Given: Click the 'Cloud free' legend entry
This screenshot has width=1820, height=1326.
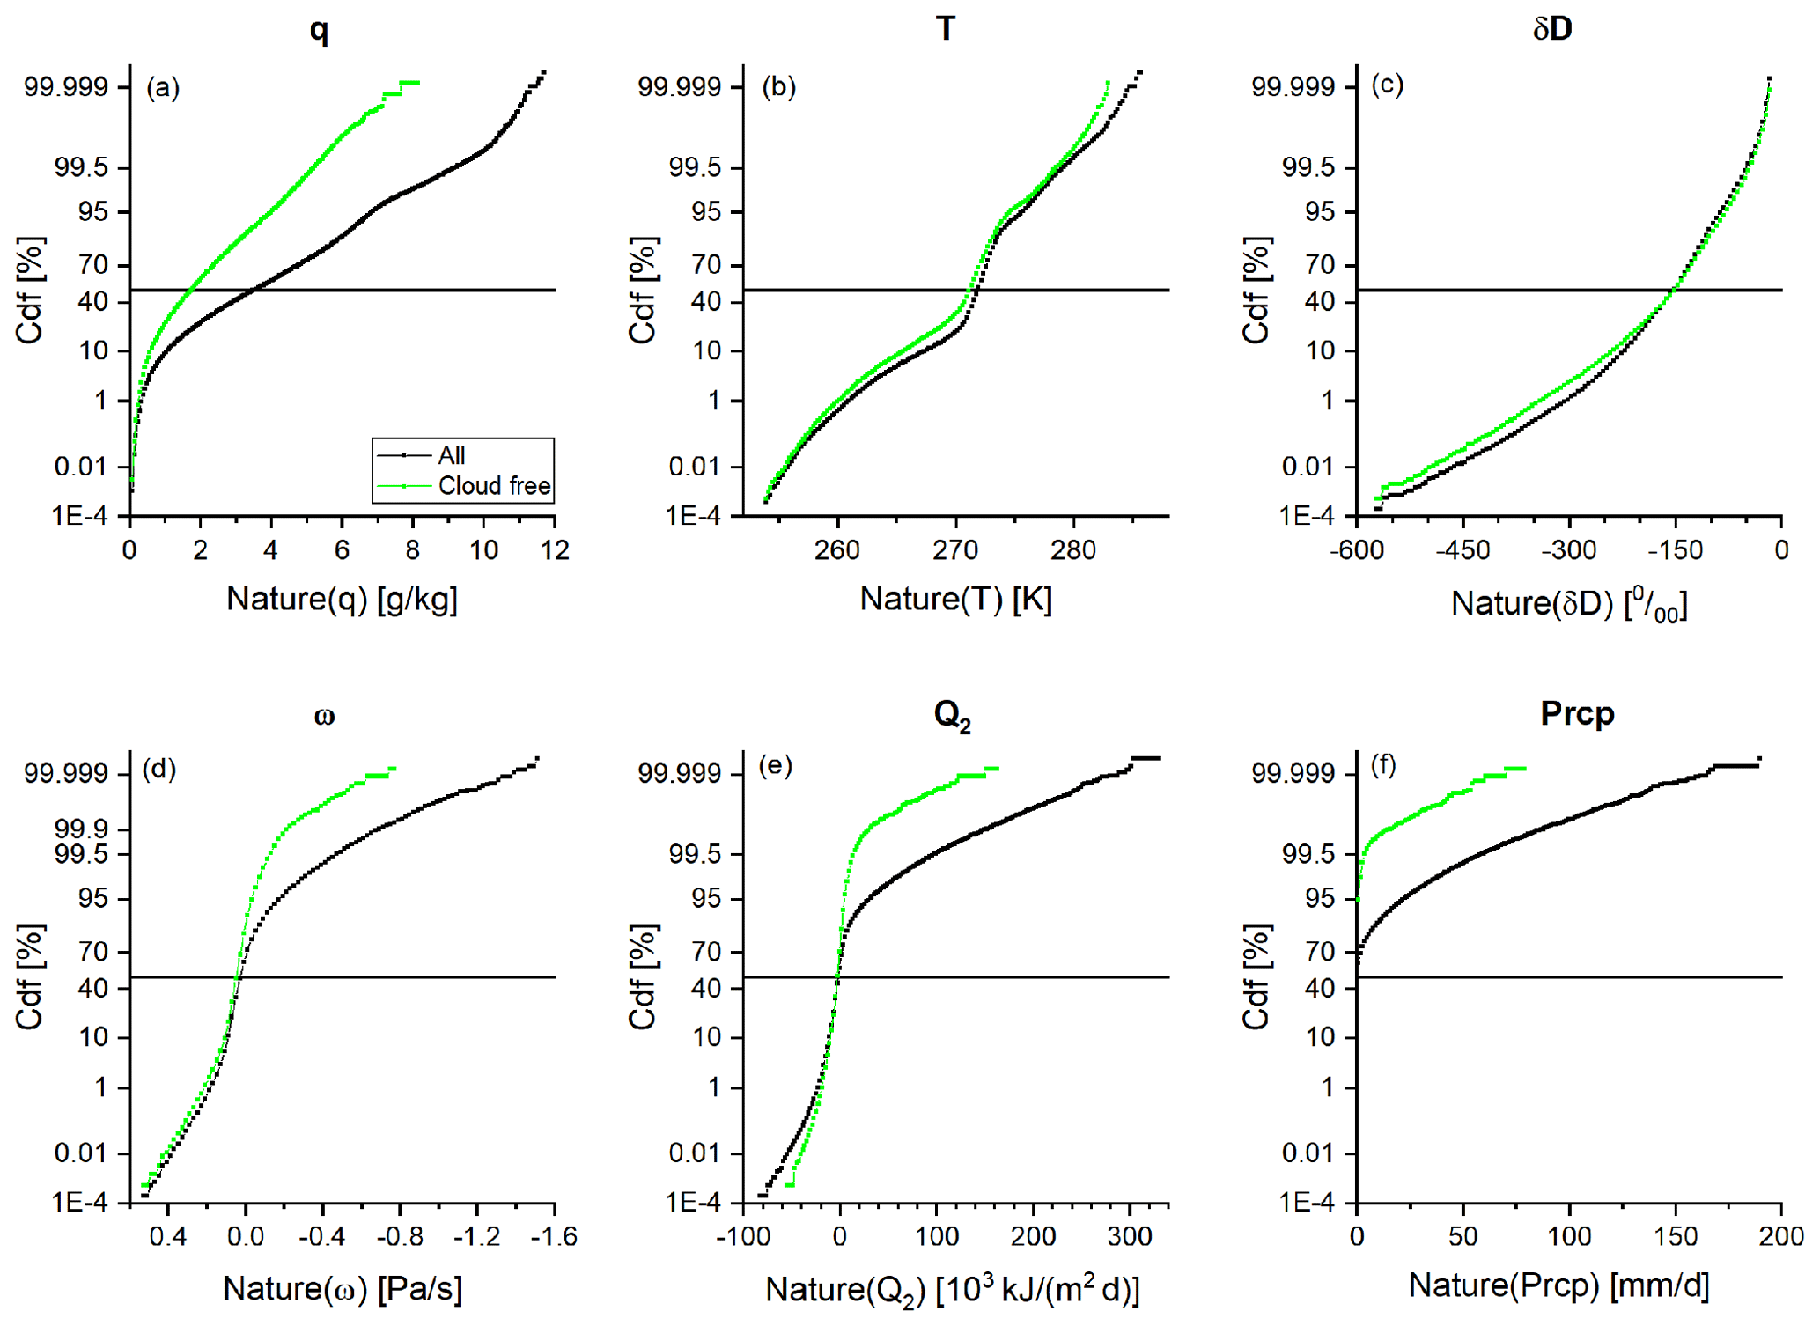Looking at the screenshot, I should [x=493, y=486].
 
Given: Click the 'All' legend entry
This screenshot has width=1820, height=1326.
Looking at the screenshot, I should [x=451, y=455].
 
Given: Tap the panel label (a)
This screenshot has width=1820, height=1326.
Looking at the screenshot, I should [x=163, y=87].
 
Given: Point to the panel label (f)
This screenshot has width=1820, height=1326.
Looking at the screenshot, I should [x=1383, y=766].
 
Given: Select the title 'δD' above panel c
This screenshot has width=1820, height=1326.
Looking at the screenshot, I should [x=1552, y=29].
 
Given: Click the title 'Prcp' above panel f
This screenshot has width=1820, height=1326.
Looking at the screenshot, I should [x=1576, y=713].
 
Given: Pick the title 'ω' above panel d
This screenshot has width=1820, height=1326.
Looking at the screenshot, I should [x=324, y=716].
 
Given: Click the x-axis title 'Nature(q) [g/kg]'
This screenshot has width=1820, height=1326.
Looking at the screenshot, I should [x=342, y=600].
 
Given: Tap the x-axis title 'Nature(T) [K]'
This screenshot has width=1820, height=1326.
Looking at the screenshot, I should [x=955, y=600].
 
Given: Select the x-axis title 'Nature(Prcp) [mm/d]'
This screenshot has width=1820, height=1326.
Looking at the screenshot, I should [x=1558, y=1286].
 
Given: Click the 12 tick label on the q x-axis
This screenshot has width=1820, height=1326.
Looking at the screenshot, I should [x=554, y=551].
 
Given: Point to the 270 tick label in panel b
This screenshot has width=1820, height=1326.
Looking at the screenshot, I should [x=955, y=551].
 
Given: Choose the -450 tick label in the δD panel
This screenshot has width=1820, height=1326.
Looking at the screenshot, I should [x=1463, y=551].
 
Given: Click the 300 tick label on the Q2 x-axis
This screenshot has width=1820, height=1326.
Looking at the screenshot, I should [x=1130, y=1237].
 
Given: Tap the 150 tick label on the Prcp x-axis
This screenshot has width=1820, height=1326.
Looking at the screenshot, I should [x=1676, y=1237].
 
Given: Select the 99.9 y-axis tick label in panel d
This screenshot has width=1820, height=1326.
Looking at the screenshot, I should [x=81, y=829].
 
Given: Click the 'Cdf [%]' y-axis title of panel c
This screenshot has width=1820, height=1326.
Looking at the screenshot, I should [x=1256, y=290].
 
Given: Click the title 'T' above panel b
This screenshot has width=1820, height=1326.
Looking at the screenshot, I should [x=945, y=29].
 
